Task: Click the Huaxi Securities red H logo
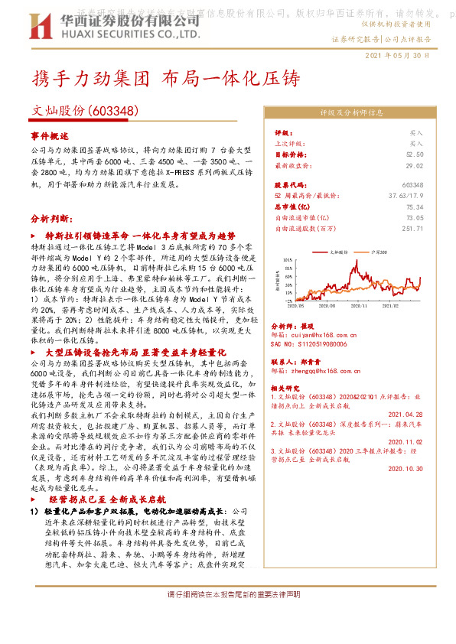[x=40, y=28]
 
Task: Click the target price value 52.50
[x=415, y=154]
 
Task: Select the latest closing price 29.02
[x=415, y=164]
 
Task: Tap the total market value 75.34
[x=415, y=207]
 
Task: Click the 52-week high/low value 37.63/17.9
[x=406, y=196]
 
